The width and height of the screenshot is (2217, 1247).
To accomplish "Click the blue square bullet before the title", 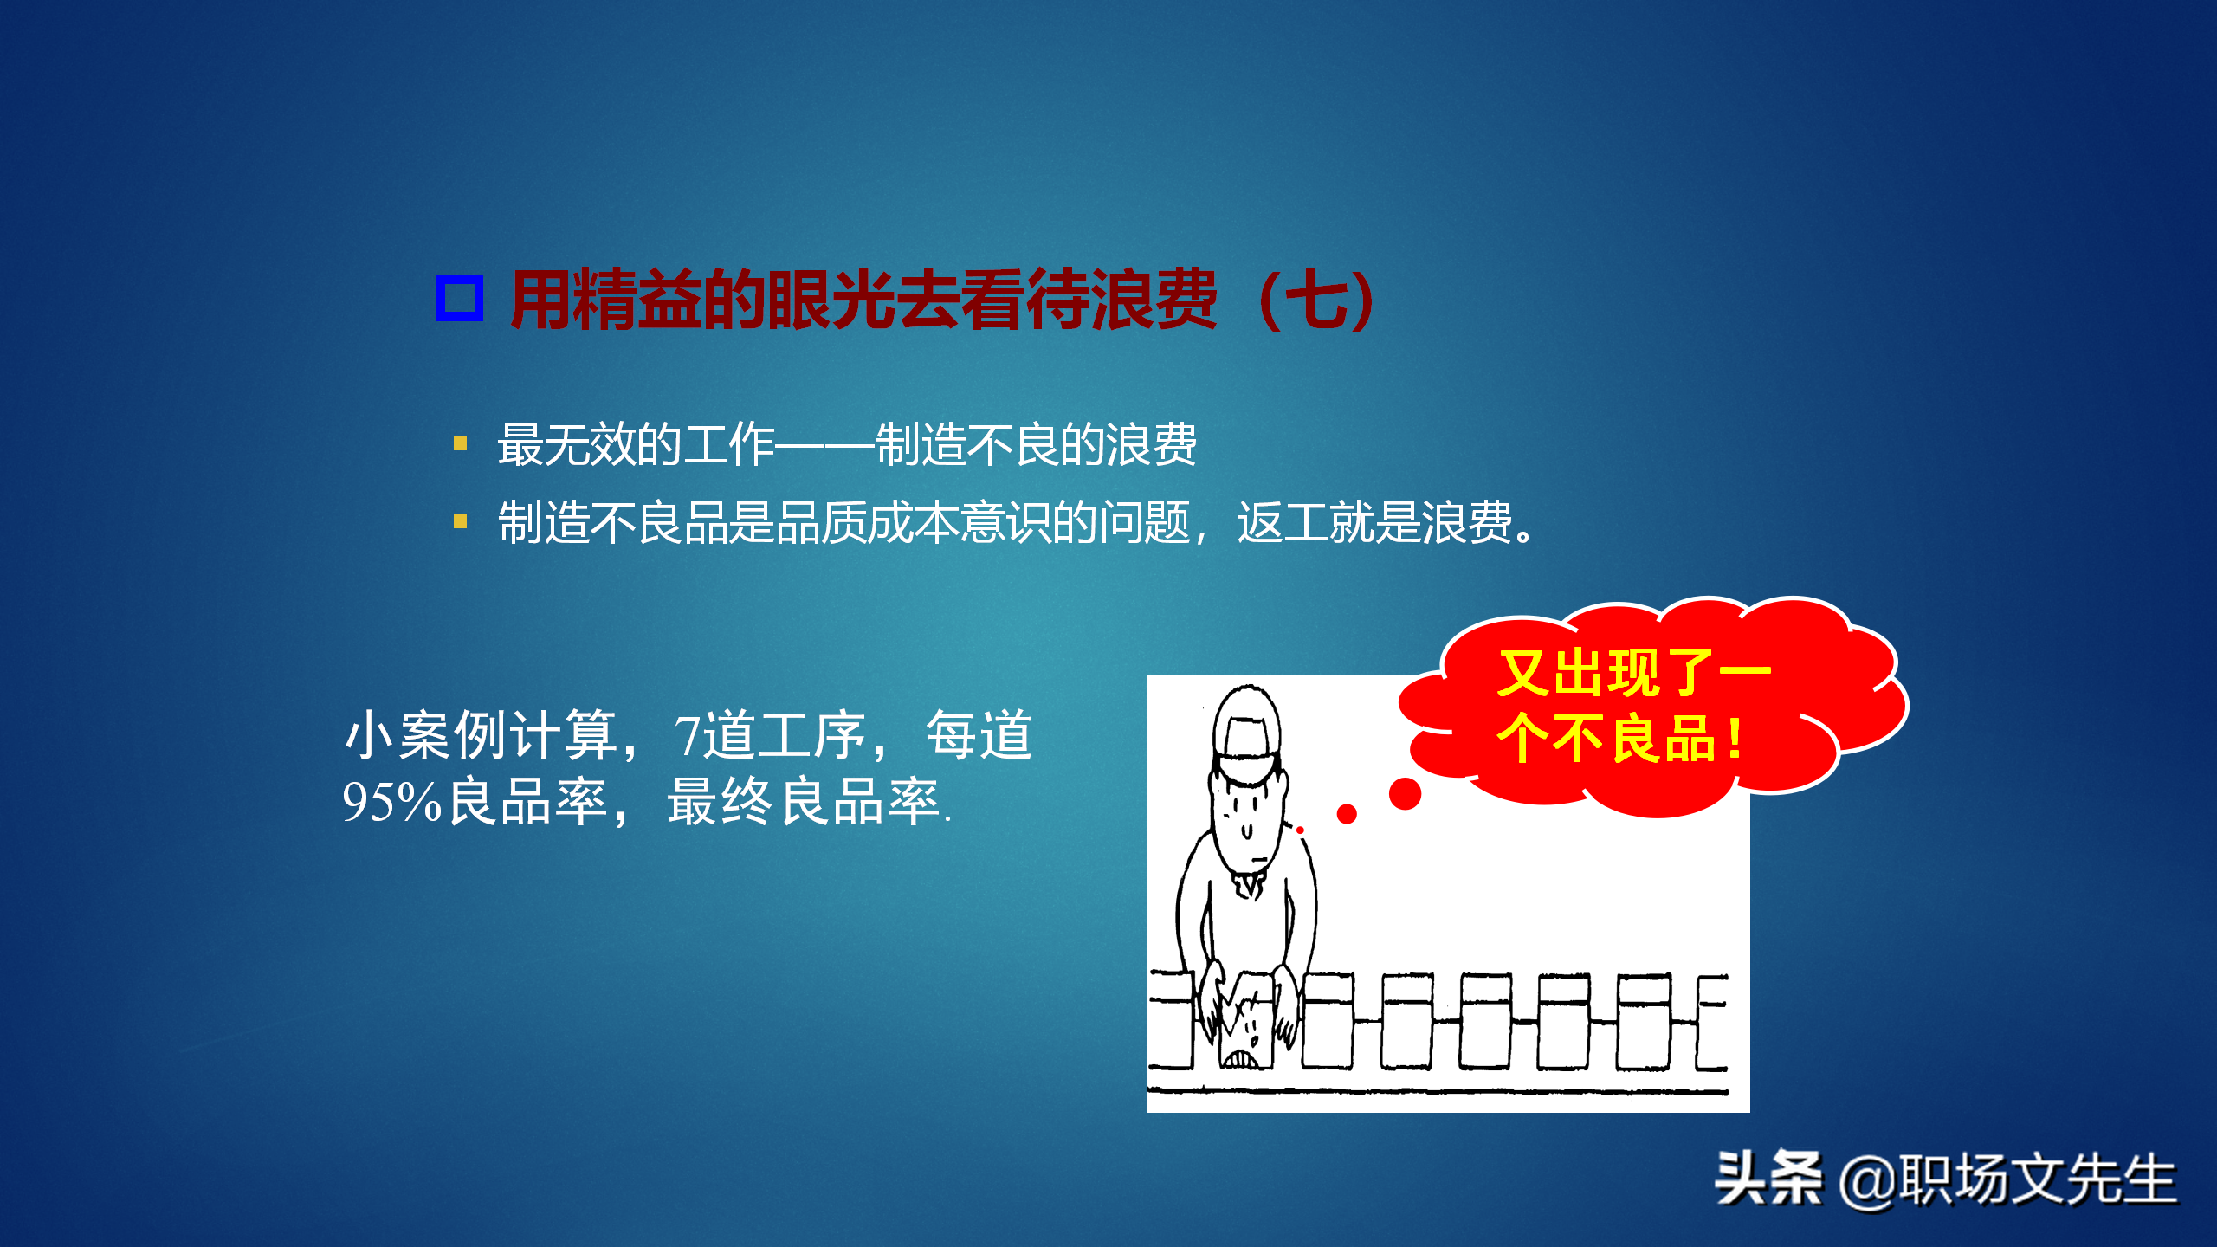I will (x=459, y=299).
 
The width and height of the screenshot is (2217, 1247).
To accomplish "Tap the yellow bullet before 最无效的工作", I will (x=460, y=444).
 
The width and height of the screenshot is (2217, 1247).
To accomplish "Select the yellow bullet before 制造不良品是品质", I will (x=460, y=521).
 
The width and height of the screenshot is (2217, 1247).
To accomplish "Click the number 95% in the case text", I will (x=392, y=802).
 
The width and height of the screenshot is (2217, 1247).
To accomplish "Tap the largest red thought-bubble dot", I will (x=1405, y=793).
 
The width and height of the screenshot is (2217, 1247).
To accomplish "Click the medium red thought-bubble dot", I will (x=1347, y=814).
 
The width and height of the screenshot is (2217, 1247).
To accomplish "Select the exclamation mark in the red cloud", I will (x=1735, y=739).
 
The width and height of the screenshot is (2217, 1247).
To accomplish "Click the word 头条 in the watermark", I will (x=1768, y=1179).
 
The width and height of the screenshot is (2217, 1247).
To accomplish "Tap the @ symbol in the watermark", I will (x=1868, y=1181).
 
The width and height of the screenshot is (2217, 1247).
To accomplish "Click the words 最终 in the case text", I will (x=719, y=802).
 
